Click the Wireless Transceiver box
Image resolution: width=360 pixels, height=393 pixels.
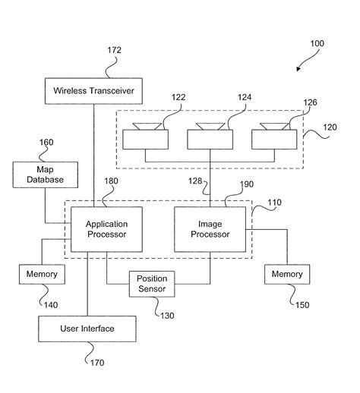[94, 91]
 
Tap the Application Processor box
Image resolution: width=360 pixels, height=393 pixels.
[106, 229]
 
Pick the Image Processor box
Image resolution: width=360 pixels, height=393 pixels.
[210, 229]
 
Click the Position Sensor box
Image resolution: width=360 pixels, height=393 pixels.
[152, 284]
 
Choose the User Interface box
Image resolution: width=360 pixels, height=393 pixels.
[87, 329]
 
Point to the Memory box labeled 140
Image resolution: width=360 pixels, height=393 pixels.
[38, 274]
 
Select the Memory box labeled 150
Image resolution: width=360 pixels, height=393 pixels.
[287, 274]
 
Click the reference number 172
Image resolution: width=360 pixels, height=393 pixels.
[115, 51]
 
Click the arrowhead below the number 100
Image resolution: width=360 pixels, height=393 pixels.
[300, 68]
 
